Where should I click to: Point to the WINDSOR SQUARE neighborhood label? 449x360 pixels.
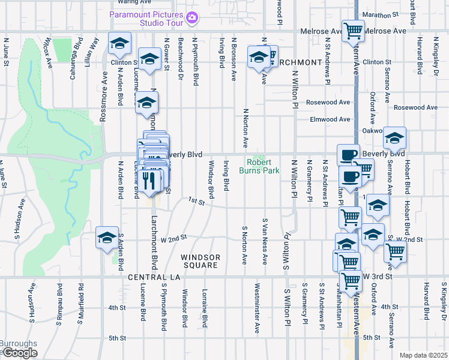click(x=200, y=261)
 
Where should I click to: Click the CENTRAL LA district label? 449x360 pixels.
click(x=150, y=277)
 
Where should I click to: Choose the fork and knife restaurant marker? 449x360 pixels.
click(x=149, y=179)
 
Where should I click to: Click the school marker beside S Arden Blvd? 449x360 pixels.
click(x=107, y=237)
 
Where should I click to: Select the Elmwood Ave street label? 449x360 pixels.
click(x=330, y=119)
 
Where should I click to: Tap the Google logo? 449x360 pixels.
click(x=20, y=353)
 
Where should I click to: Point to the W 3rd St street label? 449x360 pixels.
click(x=378, y=277)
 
